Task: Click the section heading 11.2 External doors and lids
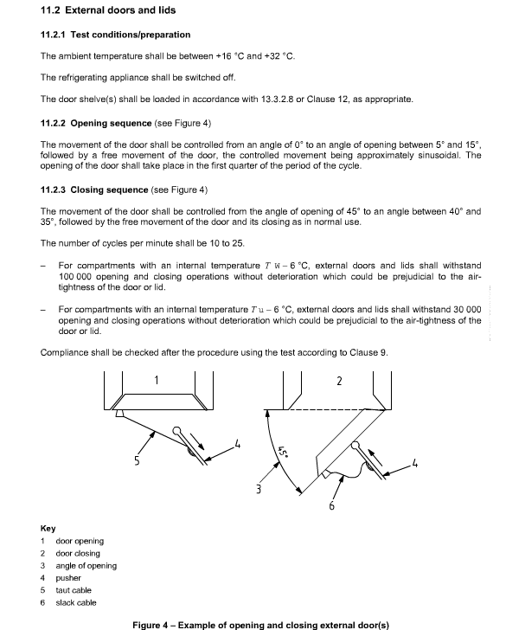click(108, 10)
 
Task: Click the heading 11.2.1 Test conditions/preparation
click(115, 35)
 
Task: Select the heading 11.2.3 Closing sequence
click(94, 190)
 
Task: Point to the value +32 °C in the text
click(279, 56)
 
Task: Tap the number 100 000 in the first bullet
click(75, 277)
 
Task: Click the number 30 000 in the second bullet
click(467, 310)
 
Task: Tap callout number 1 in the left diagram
click(157, 380)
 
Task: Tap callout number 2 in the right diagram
click(339, 381)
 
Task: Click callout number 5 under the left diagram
click(137, 460)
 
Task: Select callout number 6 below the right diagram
click(332, 506)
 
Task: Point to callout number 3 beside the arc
click(259, 489)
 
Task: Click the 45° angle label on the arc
click(283, 452)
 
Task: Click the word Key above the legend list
click(48, 529)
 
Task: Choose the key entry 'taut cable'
click(74, 590)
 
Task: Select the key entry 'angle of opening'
click(86, 566)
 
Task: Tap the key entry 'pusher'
click(68, 578)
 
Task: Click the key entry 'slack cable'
click(76, 602)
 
